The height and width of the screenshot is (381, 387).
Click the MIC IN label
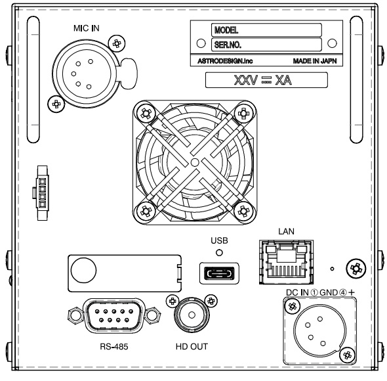[87, 28]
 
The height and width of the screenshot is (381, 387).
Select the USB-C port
[219, 273]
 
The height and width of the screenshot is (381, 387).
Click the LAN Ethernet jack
[286, 261]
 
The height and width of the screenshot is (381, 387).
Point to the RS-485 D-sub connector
[114, 315]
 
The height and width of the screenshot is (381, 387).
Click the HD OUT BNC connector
[192, 315]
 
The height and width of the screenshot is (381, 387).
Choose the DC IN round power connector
[317, 330]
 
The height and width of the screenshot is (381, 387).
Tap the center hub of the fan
[195, 162]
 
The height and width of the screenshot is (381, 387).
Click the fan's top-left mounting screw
[146, 114]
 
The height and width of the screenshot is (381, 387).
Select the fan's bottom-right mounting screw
[243, 212]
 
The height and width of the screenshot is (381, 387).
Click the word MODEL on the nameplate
[226, 30]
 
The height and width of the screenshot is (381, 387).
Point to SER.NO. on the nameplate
[228, 45]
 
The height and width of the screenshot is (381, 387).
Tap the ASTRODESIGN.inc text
[225, 61]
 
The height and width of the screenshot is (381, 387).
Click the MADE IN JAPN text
[315, 61]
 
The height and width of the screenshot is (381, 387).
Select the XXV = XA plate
[266, 80]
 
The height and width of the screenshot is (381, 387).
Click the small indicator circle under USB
[219, 252]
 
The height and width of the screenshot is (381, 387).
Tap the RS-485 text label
[114, 346]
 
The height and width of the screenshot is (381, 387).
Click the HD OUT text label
[192, 346]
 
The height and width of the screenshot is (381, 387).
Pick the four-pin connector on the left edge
[42, 193]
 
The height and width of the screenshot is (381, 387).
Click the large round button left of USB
[83, 270]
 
